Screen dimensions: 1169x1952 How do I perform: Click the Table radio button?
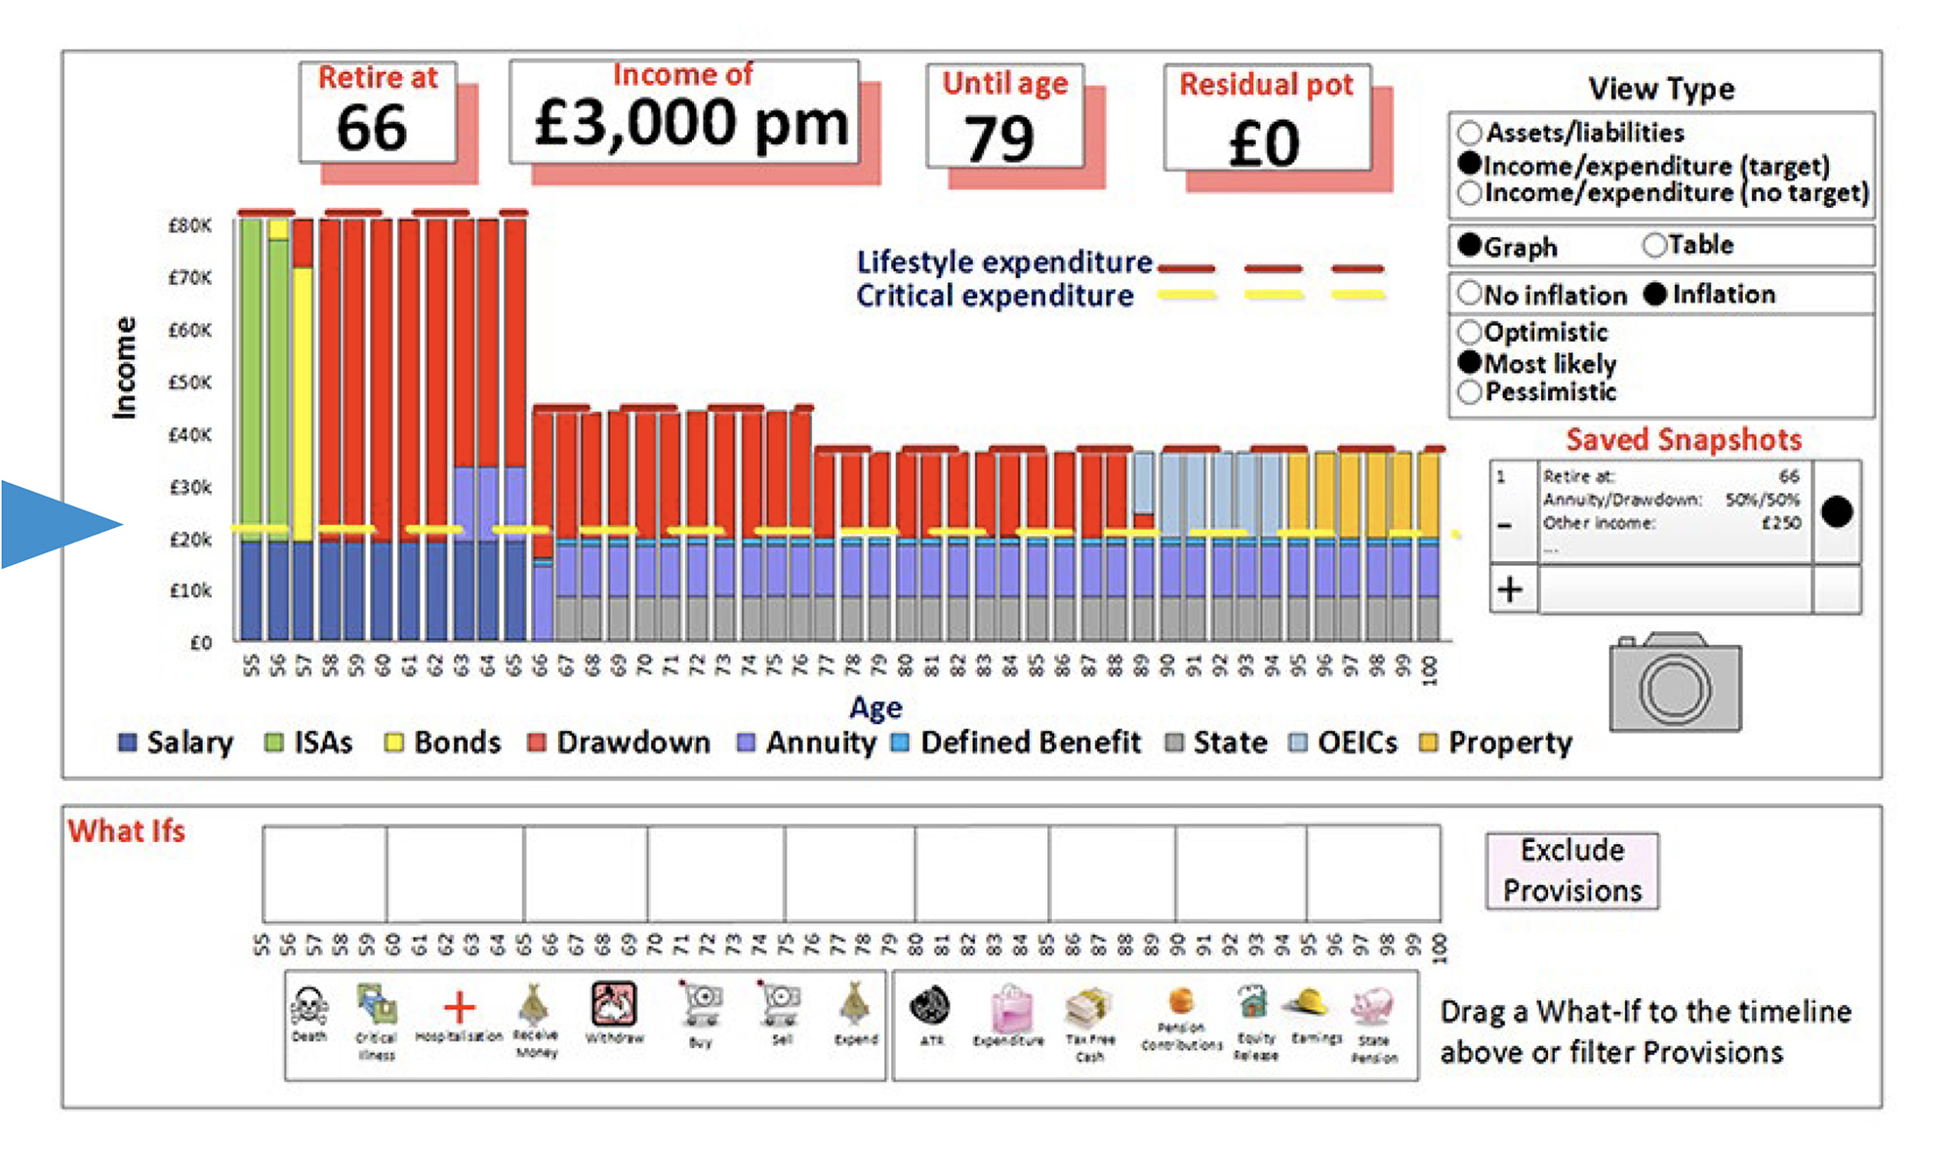click(x=1654, y=245)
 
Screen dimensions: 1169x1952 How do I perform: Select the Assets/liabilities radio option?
click(x=1470, y=133)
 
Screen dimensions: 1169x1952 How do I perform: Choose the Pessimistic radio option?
click(x=1470, y=392)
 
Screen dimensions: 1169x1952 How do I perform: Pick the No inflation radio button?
click(x=1470, y=293)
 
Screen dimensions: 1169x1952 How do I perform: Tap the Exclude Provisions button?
click(x=1571, y=870)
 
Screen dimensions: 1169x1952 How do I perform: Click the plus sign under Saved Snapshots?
click(x=1510, y=589)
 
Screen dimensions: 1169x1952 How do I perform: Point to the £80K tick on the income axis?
click(x=189, y=225)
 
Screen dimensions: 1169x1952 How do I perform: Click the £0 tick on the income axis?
click(x=200, y=643)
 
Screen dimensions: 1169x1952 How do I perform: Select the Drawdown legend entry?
click(x=618, y=743)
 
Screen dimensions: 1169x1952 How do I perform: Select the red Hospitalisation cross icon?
click(x=459, y=1006)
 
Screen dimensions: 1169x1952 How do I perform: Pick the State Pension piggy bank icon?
click(x=1372, y=1006)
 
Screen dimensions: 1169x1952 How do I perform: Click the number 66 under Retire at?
click(x=372, y=129)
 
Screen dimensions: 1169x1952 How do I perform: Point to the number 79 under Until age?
click(x=999, y=139)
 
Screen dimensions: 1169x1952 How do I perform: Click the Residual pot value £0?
click(x=1264, y=143)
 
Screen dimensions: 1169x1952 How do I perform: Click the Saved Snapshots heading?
click(x=1684, y=439)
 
